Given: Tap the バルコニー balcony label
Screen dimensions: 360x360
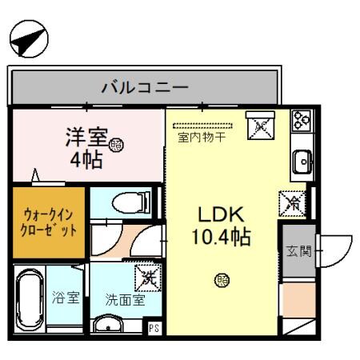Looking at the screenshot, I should click(x=144, y=87).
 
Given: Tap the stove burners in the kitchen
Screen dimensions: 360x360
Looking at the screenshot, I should click(x=302, y=121).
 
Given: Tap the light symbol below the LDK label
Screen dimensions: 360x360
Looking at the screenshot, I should click(x=221, y=280).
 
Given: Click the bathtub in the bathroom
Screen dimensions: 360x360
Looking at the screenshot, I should click(x=31, y=302).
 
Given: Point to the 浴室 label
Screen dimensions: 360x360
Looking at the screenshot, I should click(x=66, y=299).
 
